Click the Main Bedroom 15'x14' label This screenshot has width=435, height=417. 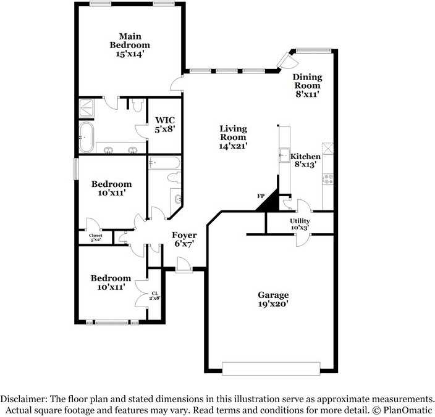point(130,45)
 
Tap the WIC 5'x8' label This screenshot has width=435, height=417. point(165,125)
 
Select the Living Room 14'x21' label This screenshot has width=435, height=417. point(233,138)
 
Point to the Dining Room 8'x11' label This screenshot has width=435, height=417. point(307,86)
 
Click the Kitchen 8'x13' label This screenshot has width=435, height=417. point(305,160)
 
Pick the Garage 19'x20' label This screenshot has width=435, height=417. point(273,299)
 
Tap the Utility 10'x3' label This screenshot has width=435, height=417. point(300,225)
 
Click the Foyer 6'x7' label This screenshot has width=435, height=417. point(184,239)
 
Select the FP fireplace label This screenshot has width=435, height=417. point(261,196)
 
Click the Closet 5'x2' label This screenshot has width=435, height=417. point(95,237)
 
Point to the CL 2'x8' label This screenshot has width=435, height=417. point(155,295)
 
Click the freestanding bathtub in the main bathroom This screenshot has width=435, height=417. point(87,137)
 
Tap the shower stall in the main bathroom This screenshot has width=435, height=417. point(87,108)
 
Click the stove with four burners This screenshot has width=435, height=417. point(329,179)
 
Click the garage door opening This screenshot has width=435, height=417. point(271,368)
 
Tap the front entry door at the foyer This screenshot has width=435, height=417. point(184,265)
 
